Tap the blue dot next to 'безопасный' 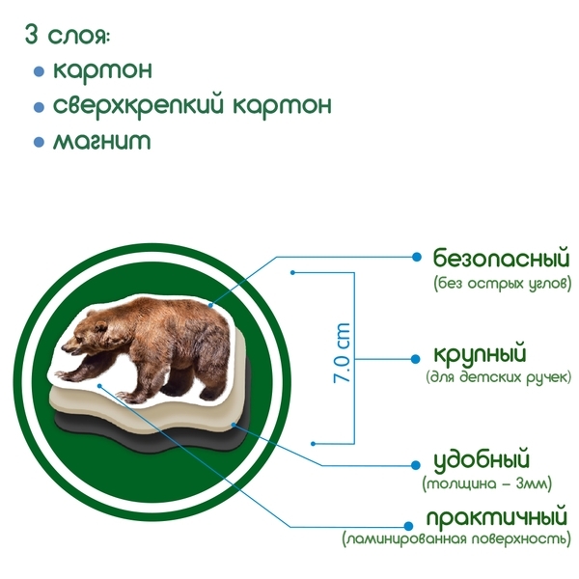[x=416, y=257]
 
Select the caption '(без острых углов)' [x=502, y=285]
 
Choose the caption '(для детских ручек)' [x=498, y=376]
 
